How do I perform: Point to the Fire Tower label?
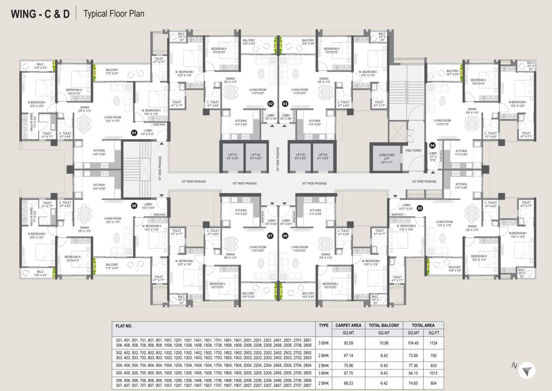413,151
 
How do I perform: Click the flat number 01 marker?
134,133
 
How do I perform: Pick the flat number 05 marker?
420,208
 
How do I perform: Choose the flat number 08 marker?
134,206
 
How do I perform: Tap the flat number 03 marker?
285,104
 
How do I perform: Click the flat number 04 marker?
432,145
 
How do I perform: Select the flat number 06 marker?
285,236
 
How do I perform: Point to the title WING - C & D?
40,13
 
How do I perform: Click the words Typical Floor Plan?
113,14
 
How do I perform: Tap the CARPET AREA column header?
348,325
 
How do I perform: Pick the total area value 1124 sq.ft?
433,343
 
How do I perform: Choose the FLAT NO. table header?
124,325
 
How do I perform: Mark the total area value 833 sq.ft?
433,366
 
